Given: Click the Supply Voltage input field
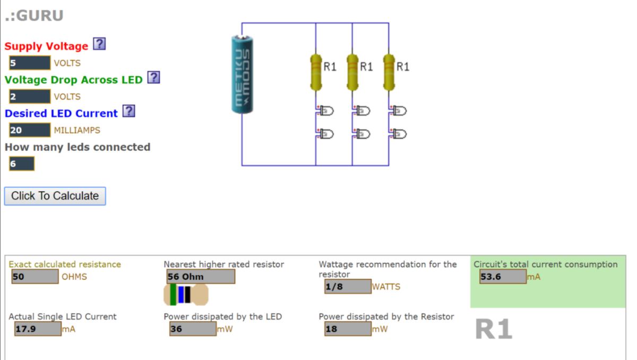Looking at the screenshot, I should point(29,63).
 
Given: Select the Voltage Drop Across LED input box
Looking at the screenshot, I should point(29,97).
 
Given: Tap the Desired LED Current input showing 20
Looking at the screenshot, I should point(29,130).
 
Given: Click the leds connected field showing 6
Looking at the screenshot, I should point(21,164).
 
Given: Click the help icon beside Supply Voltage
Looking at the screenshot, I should point(99,45).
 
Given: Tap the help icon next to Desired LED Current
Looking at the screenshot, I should point(128,112).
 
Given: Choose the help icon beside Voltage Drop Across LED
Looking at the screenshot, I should point(153,78).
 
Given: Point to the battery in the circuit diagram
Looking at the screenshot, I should point(242,74).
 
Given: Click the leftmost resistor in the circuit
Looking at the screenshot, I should point(316,72).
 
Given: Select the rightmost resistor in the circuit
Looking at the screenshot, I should point(389,72).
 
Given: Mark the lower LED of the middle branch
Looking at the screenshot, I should point(363,134).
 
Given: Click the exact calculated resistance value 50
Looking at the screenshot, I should point(35,277).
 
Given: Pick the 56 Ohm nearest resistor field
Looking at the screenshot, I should point(200,277).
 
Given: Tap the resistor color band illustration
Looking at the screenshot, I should point(186,295).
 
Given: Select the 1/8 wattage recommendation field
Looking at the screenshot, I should point(348,287).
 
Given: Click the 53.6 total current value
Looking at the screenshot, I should point(503,277).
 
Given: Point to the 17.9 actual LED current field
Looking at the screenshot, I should point(37,329).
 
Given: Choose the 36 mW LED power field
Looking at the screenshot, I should point(193,329).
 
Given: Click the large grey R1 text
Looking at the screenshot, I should point(493,330).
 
